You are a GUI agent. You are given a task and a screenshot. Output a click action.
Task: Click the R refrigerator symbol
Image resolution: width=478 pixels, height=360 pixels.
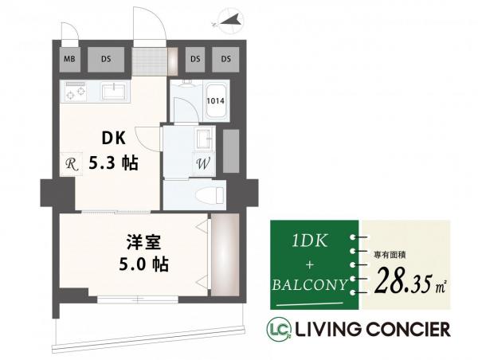tap(70, 165)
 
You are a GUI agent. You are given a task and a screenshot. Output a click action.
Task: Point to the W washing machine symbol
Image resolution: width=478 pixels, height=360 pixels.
tap(202, 165)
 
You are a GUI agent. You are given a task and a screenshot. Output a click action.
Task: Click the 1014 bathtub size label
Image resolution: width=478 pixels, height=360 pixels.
tap(215, 100)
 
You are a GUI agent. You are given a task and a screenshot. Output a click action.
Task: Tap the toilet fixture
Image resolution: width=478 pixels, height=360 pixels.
tap(209, 194)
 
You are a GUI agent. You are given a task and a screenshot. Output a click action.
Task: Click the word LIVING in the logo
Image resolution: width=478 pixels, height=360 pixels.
tap(326, 328)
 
